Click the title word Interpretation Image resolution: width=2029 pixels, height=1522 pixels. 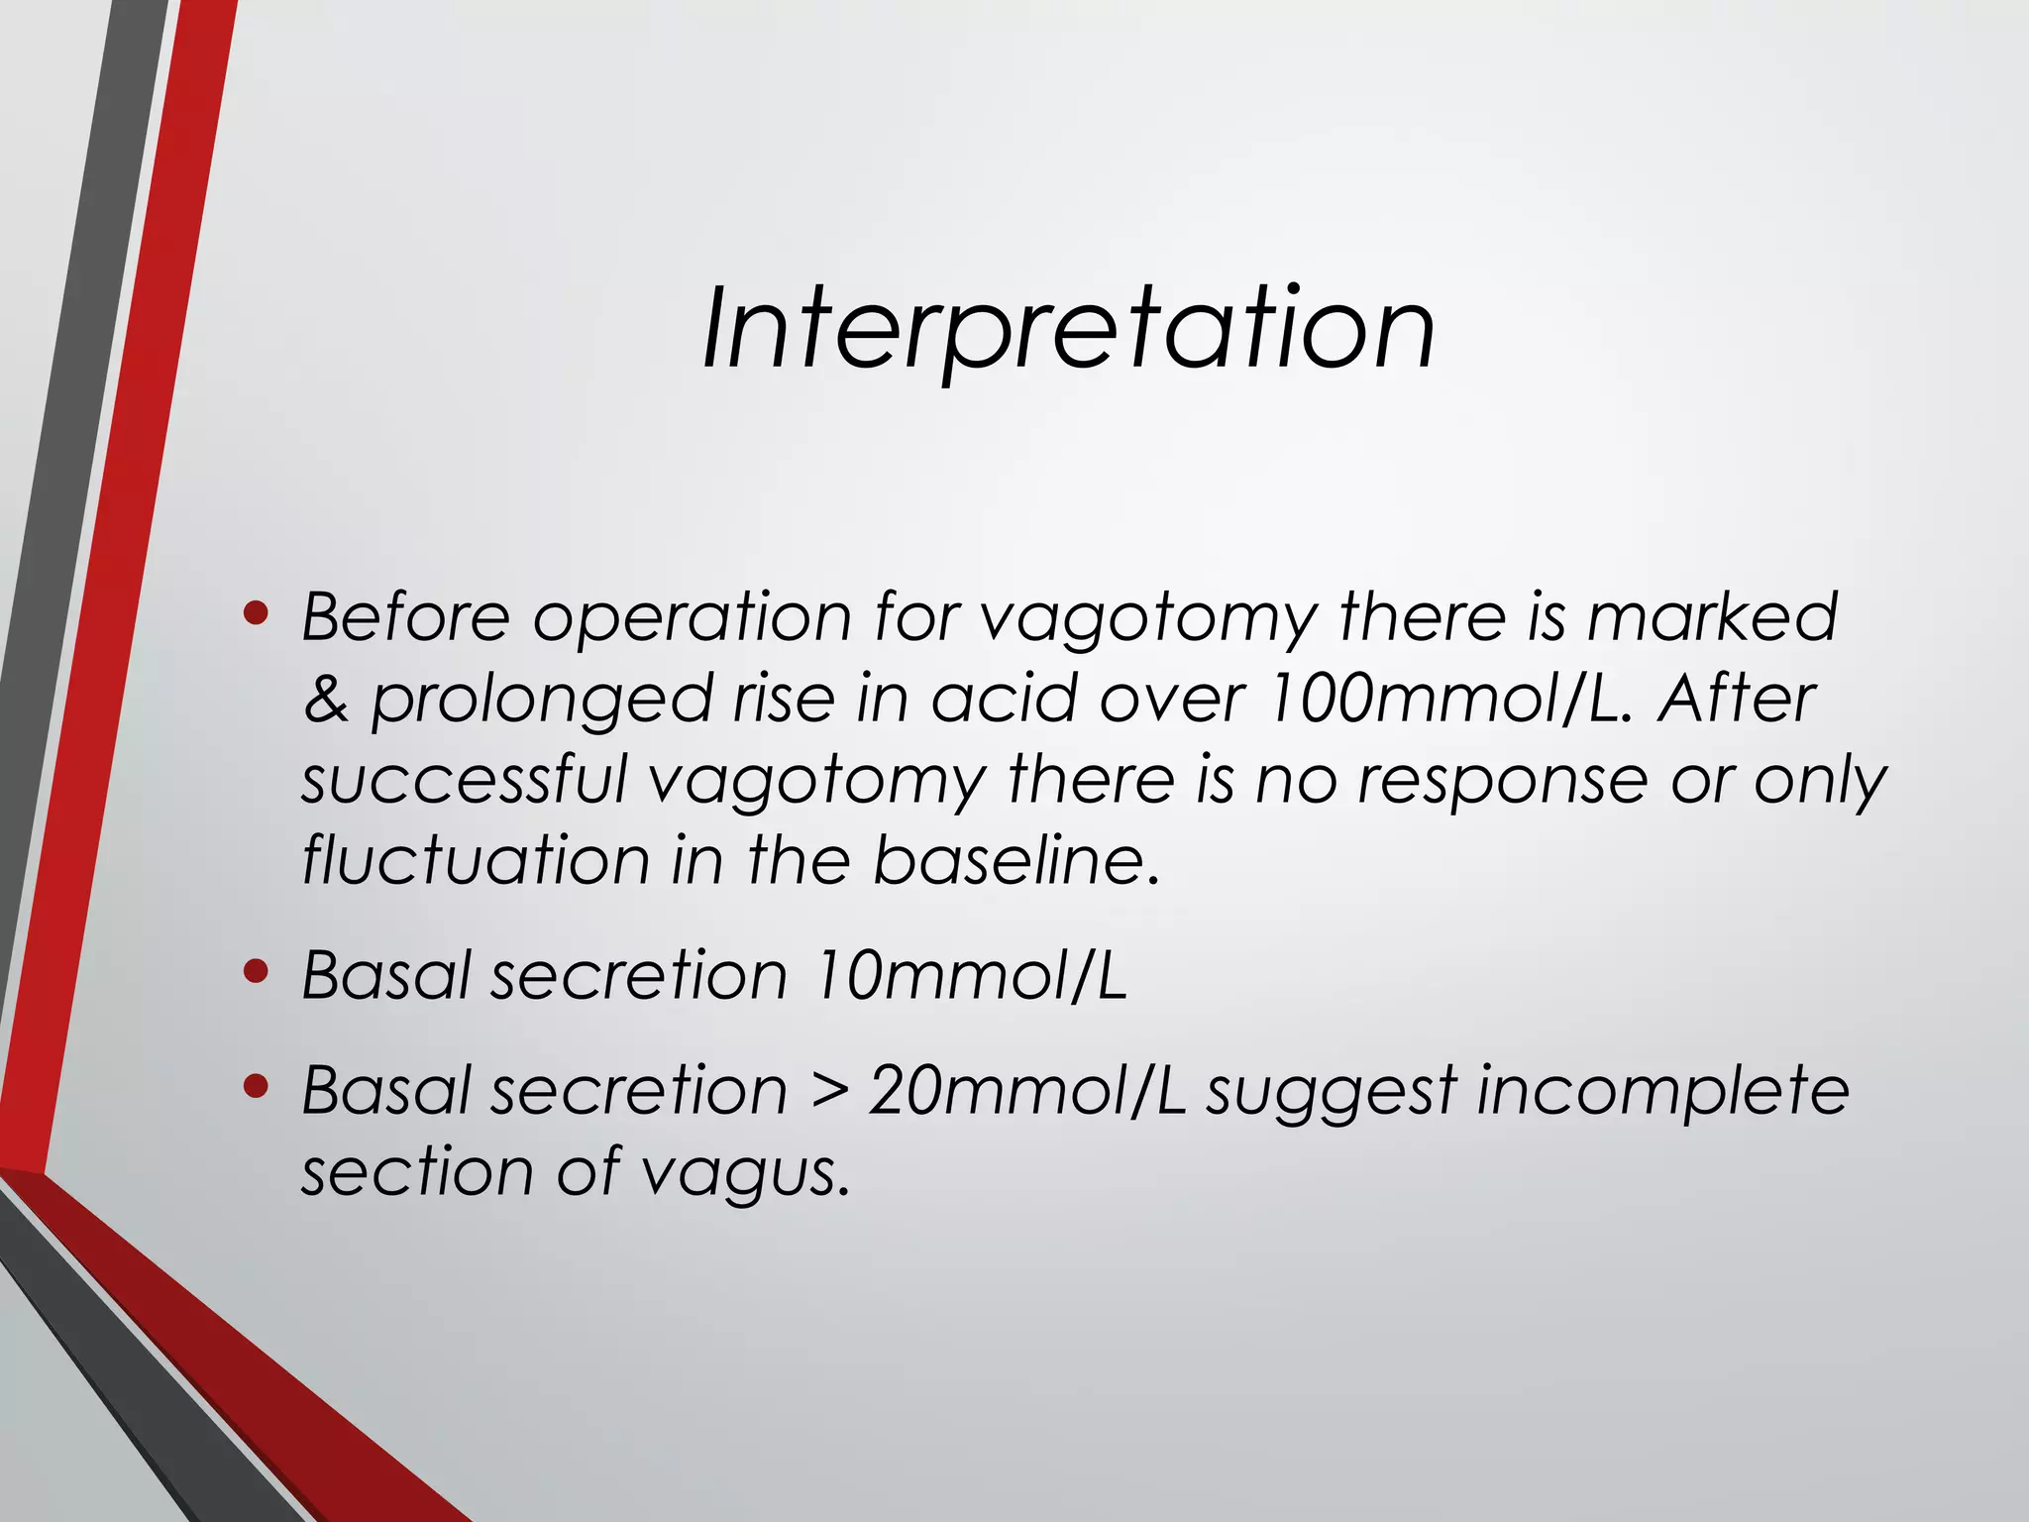(x=1068, y=328)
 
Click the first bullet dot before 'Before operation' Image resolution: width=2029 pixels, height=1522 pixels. (x=256, y=615)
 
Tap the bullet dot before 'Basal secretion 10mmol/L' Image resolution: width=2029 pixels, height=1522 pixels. (x=256, y=973)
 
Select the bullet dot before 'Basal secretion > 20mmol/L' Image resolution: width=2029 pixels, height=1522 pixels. (x=256, y=1088)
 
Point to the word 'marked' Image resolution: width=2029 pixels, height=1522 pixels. (x=1712, y=616)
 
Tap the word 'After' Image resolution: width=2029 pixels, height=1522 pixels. (x=1736, y=699)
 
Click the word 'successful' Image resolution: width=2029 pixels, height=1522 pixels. (x=464, y=780)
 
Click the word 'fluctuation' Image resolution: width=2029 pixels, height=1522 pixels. (x=475, y=859)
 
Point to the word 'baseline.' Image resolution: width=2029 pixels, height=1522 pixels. (x=1015, y=859)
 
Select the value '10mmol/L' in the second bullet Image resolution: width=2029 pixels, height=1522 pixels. (x=970, y=975)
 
